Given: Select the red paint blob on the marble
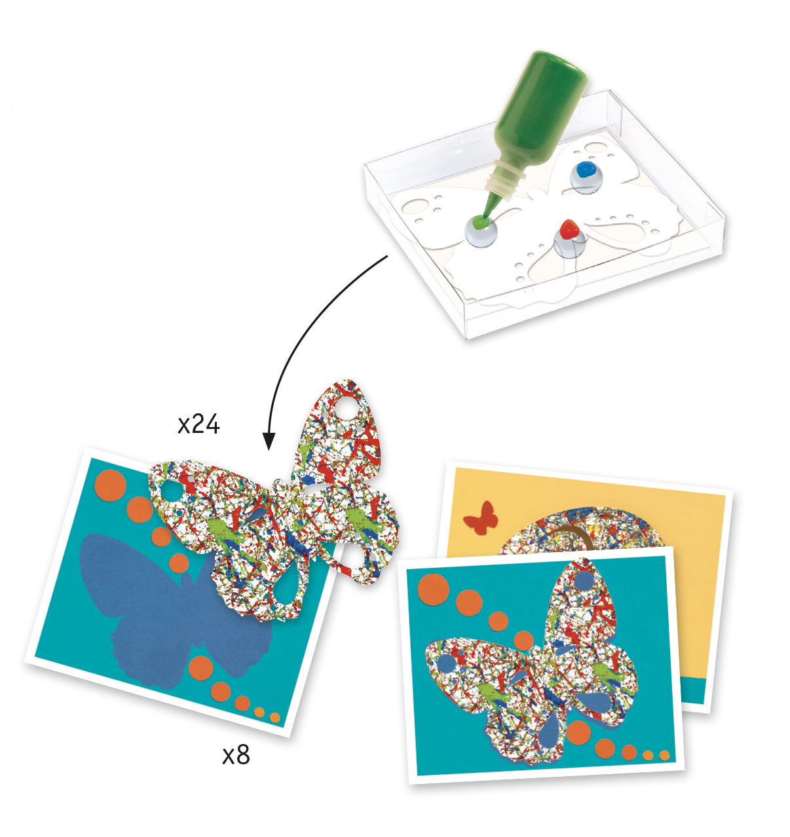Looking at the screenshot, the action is click(x=569, y=229).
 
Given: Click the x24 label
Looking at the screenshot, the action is click(x=198, y=424).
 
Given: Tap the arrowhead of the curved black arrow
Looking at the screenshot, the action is click(x=269, y=441).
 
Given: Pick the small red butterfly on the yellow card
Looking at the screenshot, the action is click(x=481, y=518).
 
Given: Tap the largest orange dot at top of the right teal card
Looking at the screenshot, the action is click(x=434, y=589).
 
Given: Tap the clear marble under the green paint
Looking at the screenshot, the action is click(x=480, y=234).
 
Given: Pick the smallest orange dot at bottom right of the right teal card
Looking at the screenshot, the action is click(x=664, y=755).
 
